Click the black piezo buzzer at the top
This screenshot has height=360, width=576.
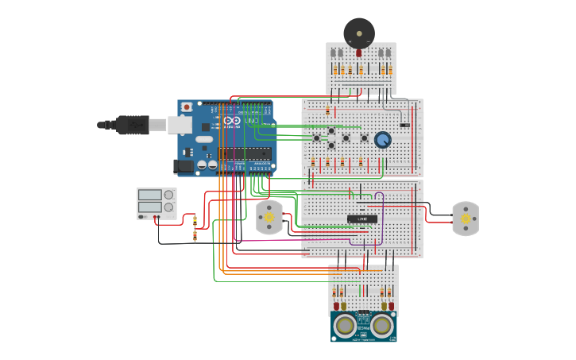[358, 33]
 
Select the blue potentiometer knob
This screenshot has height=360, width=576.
[383, 140]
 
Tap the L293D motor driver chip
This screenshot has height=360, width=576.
[361, 219]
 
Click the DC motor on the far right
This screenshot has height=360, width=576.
[466, 218]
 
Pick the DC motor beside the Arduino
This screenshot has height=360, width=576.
[269, 217]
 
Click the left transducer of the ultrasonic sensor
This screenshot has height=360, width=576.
[345, 325]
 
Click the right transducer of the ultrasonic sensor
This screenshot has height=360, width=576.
[382, 325]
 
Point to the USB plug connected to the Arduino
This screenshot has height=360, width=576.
[131, 125]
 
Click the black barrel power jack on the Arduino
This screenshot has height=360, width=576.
[184, 166]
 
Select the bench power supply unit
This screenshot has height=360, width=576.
[157, 203]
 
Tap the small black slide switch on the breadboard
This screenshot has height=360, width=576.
[404, 125]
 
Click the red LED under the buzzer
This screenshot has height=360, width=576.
[358, 53]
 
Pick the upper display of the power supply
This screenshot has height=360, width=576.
[150, 195]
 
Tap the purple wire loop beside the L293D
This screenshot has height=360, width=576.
[380, 218]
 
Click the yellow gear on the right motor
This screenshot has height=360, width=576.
[466, 218]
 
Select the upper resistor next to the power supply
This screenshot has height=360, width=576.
[195, 221]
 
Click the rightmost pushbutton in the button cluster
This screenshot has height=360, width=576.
[365, 138]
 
